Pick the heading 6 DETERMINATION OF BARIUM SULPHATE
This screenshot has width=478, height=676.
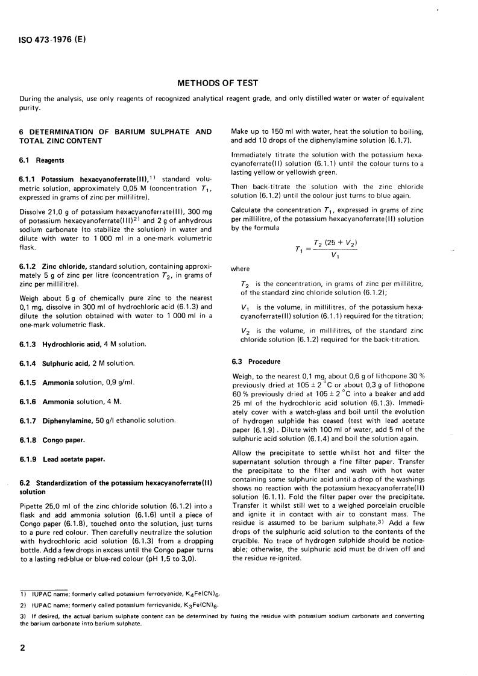pos(115,131)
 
